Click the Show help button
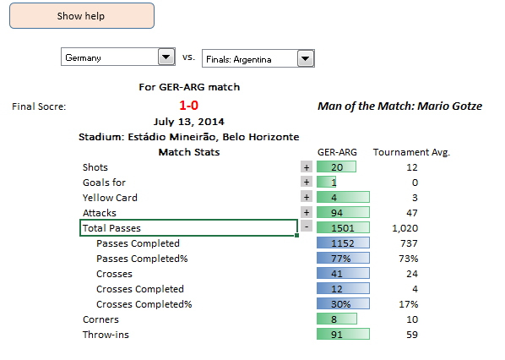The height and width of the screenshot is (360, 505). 82,16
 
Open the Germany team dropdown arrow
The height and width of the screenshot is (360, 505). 166,57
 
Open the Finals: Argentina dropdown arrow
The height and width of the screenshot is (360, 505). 306,58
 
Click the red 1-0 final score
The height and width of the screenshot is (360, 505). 188,106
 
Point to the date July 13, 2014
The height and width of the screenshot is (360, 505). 188,122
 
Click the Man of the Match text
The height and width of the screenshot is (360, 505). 399,106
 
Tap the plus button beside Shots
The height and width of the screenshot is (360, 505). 307,167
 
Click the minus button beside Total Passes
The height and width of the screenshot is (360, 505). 307,226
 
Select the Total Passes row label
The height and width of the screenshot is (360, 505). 111,228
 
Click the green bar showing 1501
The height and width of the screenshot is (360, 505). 343,227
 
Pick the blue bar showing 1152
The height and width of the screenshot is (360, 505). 343,243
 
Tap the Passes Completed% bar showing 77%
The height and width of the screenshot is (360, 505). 343,258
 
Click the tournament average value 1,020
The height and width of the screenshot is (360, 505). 405,228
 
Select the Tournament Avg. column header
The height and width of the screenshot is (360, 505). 411,152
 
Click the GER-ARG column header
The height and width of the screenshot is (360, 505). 337,152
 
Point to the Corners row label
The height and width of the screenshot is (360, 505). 100,319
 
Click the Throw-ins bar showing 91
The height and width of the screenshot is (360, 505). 343,334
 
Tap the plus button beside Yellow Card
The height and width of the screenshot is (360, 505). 307,197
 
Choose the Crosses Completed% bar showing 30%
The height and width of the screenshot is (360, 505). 343,303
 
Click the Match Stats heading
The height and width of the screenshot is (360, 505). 189,152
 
